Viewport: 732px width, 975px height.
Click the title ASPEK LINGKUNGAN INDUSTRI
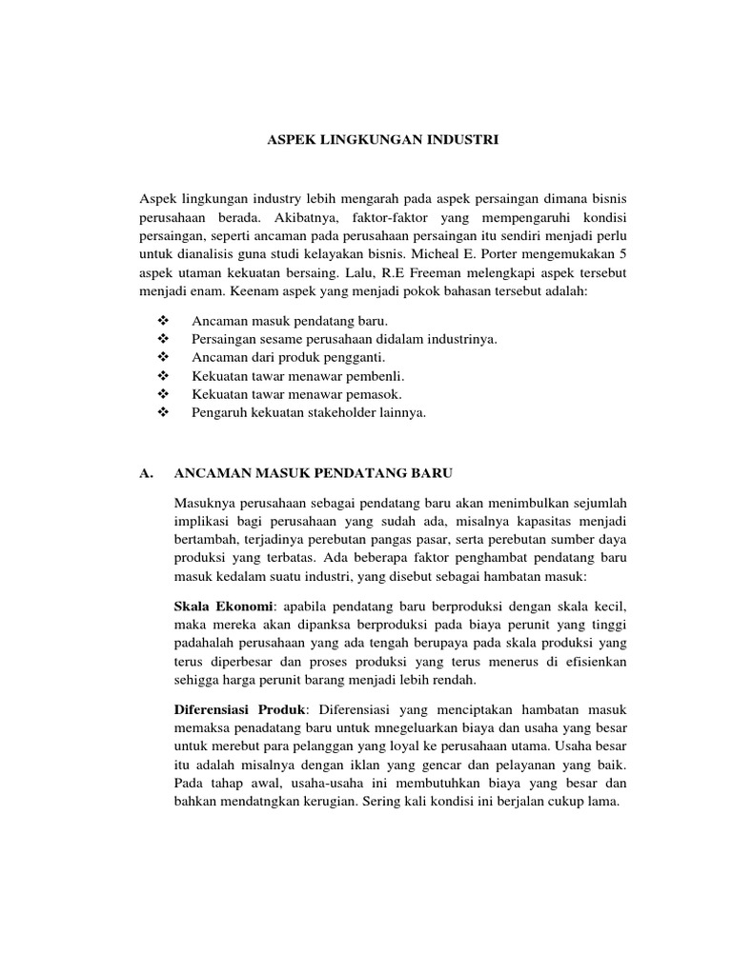(x=381, y=140)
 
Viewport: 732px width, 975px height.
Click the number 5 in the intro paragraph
(x=623, y=255)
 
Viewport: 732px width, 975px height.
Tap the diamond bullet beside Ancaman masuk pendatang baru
(x=160, y=321)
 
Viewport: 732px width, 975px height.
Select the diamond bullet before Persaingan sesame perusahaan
(x=160, y=339)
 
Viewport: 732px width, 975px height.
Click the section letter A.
(x=146, y=472)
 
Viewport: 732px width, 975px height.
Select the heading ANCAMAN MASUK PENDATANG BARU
(x=314, y=472)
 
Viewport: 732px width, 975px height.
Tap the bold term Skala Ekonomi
(x=223, y=607)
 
